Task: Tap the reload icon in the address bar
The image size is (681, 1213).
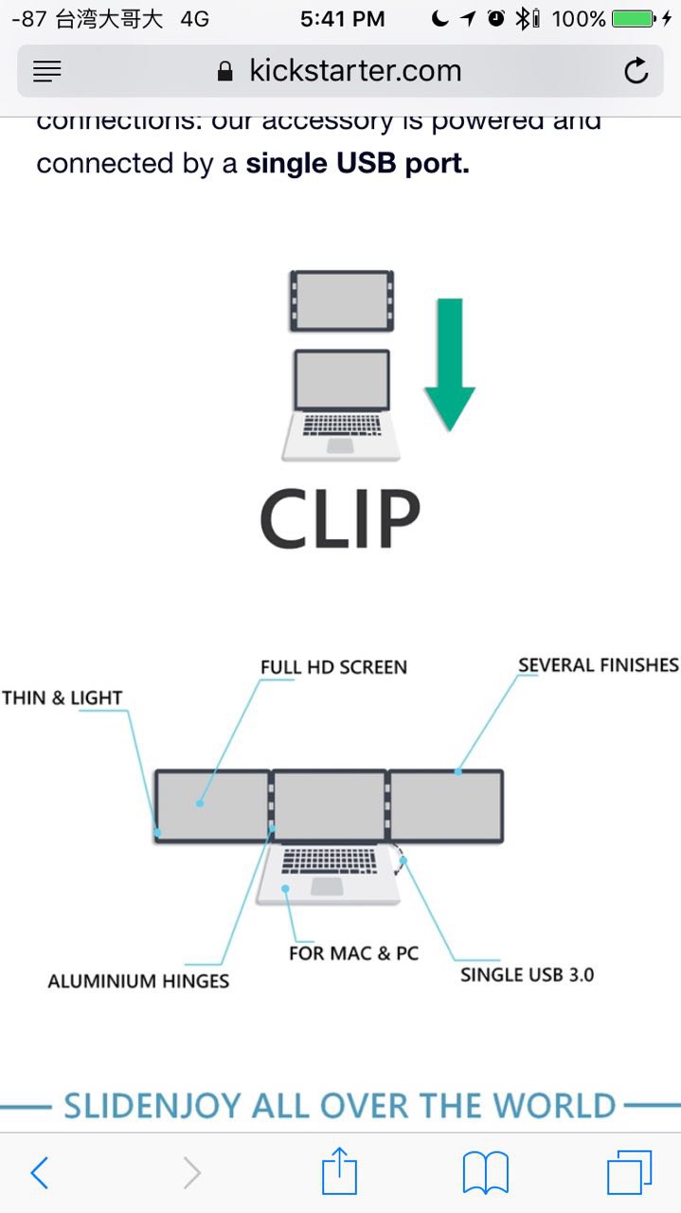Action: pos(636,71)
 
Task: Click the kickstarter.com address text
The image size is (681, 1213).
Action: pos(355,70)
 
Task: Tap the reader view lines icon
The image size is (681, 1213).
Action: pos(46,71)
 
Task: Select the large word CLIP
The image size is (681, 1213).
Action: pos(340,518)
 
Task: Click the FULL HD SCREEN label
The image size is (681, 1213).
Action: pos(333,667)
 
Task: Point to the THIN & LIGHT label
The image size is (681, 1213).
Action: pos(63,698)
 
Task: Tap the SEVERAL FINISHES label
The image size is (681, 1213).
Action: pos(599,665)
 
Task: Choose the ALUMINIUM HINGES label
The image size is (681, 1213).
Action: pos(138,981)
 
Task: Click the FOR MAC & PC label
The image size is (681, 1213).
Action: pos(353,952)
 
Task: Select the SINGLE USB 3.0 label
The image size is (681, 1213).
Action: pos(528,974)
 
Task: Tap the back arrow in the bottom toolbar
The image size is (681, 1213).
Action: pos(39,1173)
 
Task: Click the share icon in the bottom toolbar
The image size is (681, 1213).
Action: pos(340,1173)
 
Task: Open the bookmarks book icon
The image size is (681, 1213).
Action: pos(486,1173)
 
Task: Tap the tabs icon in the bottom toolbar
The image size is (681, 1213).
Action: pos(629,1173)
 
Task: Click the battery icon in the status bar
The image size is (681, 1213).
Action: pos(633,18)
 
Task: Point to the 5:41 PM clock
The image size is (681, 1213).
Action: pos(342,18)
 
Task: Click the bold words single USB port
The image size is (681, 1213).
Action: pos(357,163)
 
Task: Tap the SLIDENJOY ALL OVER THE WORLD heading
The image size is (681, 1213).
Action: pos(340,1105)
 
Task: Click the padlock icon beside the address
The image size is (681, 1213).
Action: pos(225,71)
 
